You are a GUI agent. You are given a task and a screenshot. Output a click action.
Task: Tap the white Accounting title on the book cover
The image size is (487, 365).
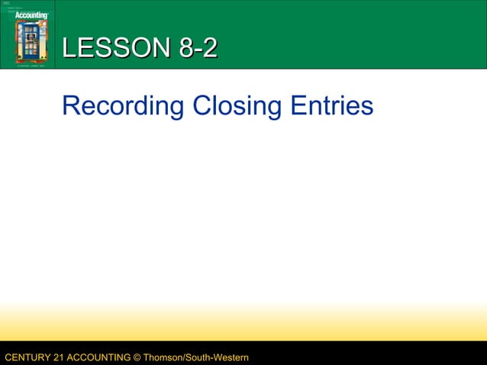[x=31, y=15]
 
